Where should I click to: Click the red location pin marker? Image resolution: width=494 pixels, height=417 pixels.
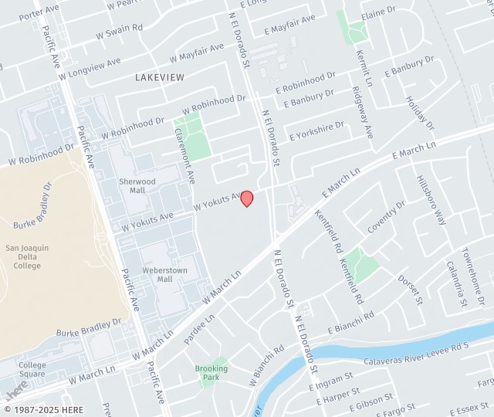(x=247, y=198)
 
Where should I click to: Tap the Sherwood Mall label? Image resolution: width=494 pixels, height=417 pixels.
(x=137, y=185)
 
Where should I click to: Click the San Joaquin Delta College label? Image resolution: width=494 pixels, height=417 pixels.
(x=28, y=256)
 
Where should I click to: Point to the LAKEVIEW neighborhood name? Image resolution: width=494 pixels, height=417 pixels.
(x=159, y=77)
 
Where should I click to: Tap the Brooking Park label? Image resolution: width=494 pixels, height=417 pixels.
(x=211, y=373)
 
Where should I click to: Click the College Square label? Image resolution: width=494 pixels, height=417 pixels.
(x=32, y=370)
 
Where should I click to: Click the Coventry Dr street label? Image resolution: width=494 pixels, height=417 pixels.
(x=386, y=217)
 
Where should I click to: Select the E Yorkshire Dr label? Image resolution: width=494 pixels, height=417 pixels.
(x=316, y=131)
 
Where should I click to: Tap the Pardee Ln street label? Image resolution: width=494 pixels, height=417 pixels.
(x=199, y=328)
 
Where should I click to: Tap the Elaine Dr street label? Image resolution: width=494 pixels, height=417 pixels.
(x=378, y=13)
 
